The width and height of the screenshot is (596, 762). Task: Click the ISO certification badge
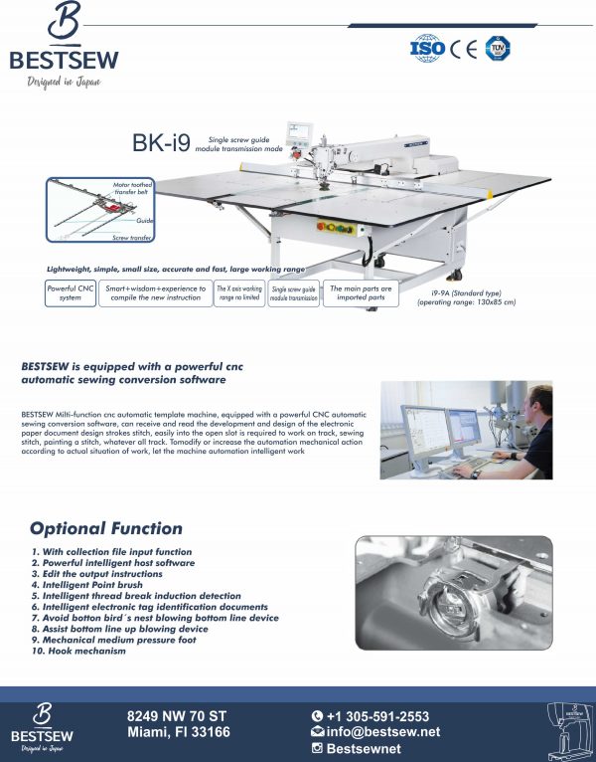click(426, 48)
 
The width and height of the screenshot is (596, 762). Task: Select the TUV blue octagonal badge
click(498, 48)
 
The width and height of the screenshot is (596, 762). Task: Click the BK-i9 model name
click(161, 143)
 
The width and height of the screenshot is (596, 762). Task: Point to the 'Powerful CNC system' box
click(70, 293)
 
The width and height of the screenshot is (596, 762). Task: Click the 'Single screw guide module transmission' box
click(294, 293)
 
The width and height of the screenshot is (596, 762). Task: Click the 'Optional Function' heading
click(105, 528)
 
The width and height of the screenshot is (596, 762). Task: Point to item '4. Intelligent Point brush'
click(95, 585)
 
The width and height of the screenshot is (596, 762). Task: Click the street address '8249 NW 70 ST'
click(178, 715)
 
